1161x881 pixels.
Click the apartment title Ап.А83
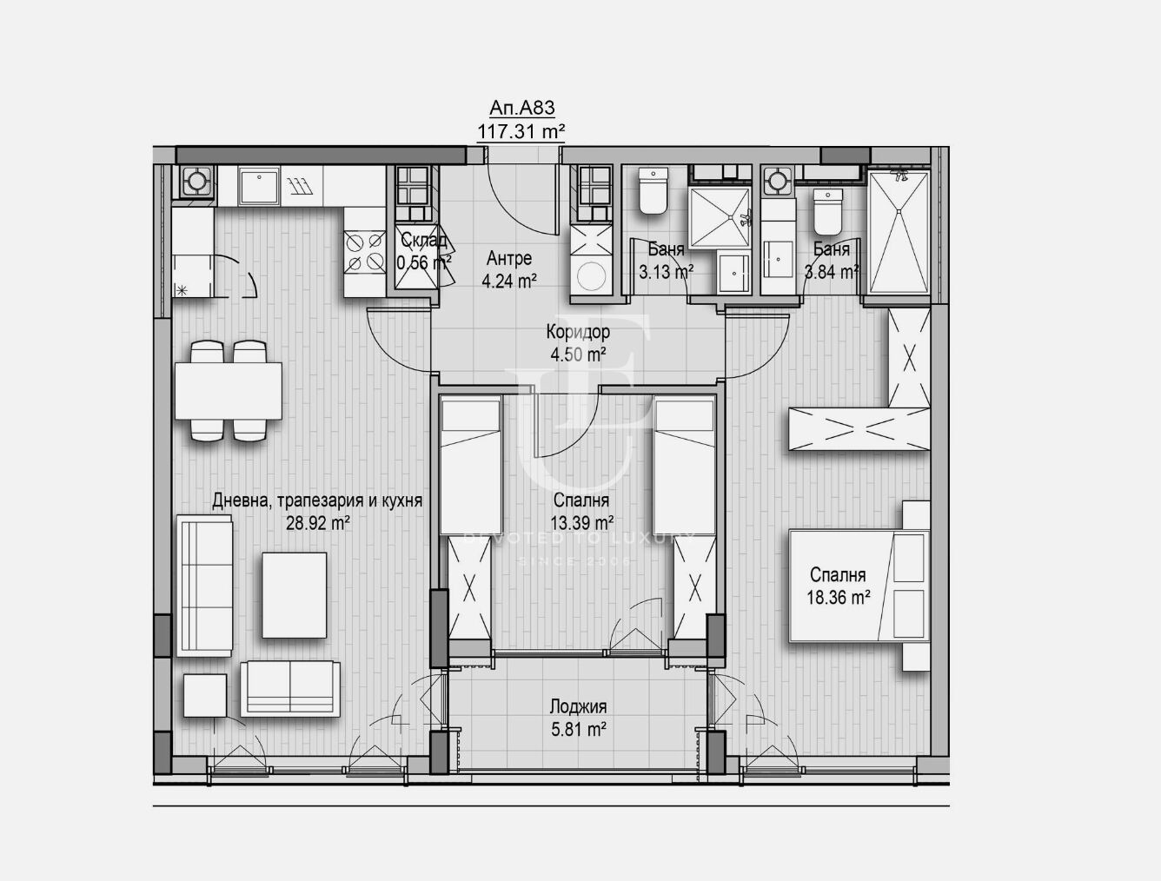pyautogui.click(x=522, y=108)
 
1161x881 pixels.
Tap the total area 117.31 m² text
pyautogui.click(x=521, y=131)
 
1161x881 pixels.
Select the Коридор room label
pyautogui.click(x=578, y=332)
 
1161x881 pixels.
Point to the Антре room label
pyautogui.click(x=509, y=258)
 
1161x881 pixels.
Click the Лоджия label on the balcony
pyautogui.click(x=578, y=706)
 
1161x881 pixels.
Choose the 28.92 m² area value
pyautogui.click(x=318, y=524)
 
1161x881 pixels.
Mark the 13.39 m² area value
pyautogui.click(x=582, y=524)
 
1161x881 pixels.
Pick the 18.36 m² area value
pyautogui.click(x=839, y=598)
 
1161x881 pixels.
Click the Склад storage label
pyautogui.click(x=424, y=240)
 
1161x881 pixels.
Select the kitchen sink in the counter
pyautogui.click(x=259, y=186)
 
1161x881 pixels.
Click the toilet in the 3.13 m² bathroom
pyautogui.click(x=653, y=191)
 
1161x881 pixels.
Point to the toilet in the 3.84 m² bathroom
pyautogui.click(x=828, y=212)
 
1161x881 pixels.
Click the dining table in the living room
pyautogui.click(x=228, y=391)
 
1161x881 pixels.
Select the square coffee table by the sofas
pyautogui.click(x=294, y=595)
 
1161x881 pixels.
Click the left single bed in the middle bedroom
pyautogui.click(x=470, y=466)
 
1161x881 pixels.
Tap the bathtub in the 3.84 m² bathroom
pyautogui.click(x=899, y=232)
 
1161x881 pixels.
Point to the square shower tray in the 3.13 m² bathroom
pyautogui.click(x=720, y=217)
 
